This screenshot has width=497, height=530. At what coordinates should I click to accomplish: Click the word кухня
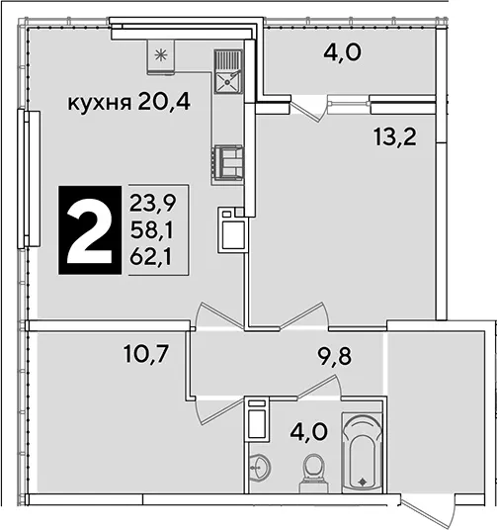tap(100, 103)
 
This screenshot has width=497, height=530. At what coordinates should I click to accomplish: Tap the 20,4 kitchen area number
tap(164, 102)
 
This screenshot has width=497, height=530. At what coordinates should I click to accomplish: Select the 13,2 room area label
tap(395, 137)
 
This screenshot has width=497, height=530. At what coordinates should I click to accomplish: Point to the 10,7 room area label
tap(146, 354)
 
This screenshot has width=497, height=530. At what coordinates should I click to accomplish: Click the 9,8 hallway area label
tap(335, 357)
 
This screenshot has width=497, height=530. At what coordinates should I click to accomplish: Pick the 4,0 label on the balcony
tap(342, 52)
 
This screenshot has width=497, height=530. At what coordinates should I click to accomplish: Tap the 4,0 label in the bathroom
tap(309, 432)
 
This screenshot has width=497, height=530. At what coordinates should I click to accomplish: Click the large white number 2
tap(90, 229)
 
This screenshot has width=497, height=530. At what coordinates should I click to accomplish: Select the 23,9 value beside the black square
tap(153, 204)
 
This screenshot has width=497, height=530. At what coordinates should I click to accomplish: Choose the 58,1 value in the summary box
tap(152, 230)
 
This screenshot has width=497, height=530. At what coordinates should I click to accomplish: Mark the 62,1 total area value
tap(151, 257)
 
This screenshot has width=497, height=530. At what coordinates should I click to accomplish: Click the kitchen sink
tap(228, 72)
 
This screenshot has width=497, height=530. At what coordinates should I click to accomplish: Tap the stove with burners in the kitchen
tap(227, 165)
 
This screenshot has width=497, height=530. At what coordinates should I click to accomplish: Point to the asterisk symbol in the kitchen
tap(161, 54)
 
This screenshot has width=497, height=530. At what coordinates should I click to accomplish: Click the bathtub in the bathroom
tap(363, 452)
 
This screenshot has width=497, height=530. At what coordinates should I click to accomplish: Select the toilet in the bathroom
tap(314, 474)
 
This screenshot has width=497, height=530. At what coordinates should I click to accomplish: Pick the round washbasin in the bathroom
tap(259, 468)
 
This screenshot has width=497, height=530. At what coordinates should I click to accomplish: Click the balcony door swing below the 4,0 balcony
tap(308, 108)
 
